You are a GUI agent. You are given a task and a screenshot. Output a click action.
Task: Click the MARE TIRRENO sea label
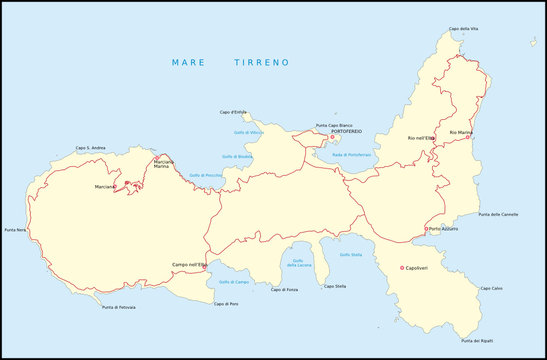pyautogui.click(x=230, y=62)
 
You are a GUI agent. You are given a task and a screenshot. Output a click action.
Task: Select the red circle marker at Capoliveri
pyautogui.click(x=401, y=267)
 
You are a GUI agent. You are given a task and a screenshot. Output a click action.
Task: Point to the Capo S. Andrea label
pyautogui.click(x=91, y=148)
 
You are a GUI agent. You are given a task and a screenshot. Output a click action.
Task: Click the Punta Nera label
pyautogui.click(x=15, y=231)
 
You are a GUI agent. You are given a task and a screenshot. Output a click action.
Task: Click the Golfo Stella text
pyautogui.click(x=351, y=254)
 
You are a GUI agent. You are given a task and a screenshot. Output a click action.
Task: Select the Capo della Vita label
pyautogui.click(x=463, y=29)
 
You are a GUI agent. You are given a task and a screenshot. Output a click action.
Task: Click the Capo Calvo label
pyautogui.click(x=490, y=289)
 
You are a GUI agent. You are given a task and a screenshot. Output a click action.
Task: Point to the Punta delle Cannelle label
pyautogui.click(x=498, y=214)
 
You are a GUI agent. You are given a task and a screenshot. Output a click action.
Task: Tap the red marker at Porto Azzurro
pyautogui.click(x=426, y=229)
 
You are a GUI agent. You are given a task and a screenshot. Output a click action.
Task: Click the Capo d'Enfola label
pyautogui.click(x=233, y=112)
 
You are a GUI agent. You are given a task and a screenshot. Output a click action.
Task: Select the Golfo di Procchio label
pyautogui.click(x=205, y=175)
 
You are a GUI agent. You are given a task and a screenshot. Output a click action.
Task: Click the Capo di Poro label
pyautogui.click(x=226, y=303)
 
